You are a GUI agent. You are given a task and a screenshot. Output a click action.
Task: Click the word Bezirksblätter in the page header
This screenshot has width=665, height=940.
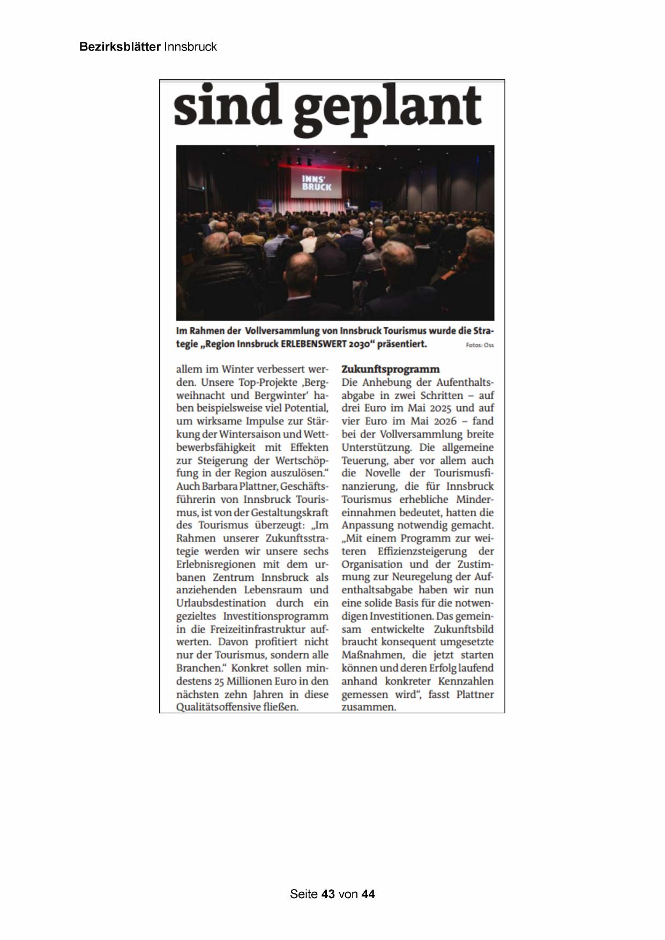point(119,47)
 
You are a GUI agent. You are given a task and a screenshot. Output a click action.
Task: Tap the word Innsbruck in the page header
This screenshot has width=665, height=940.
point(190,47)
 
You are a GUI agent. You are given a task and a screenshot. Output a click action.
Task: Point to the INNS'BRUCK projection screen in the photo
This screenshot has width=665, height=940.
point(316,183)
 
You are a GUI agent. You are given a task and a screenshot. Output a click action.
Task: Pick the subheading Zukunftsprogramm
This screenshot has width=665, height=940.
point(390,369)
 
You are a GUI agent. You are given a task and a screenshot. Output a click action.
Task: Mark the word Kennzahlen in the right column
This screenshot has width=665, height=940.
point(466,681)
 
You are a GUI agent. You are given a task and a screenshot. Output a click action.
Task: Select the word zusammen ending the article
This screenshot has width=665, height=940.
point(368,707)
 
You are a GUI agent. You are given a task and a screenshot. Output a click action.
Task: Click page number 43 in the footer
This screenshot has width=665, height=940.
point(328,894)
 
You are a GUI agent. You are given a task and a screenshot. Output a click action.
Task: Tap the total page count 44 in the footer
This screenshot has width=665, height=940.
point(368,894)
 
